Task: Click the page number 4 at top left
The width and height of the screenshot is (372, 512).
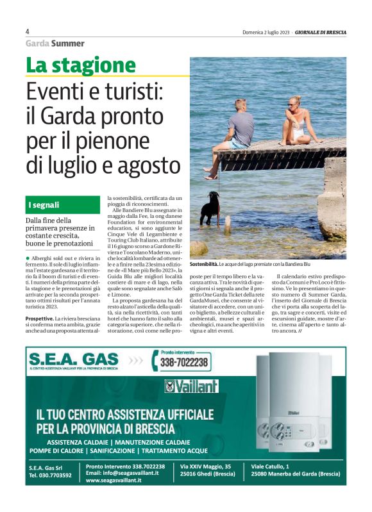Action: coord(28,31)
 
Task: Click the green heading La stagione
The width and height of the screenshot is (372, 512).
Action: coord(81,65)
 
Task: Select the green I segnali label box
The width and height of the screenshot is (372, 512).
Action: coord(63,205)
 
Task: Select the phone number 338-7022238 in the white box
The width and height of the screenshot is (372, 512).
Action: coord(183,363)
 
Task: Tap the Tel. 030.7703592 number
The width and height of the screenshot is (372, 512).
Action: coord(50,475)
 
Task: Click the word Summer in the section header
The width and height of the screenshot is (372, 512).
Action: coord(68,44)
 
